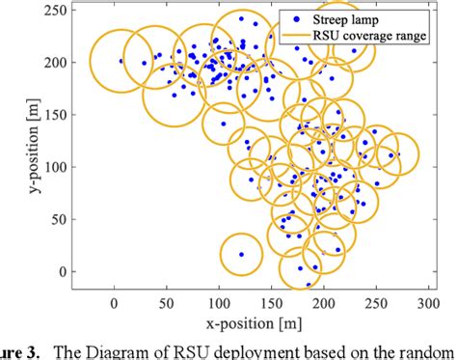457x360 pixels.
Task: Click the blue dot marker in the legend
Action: [x=294, y=15]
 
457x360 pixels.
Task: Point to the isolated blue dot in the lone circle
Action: [x=241, y=255]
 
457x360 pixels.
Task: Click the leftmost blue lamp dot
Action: [x=121, y=61]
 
